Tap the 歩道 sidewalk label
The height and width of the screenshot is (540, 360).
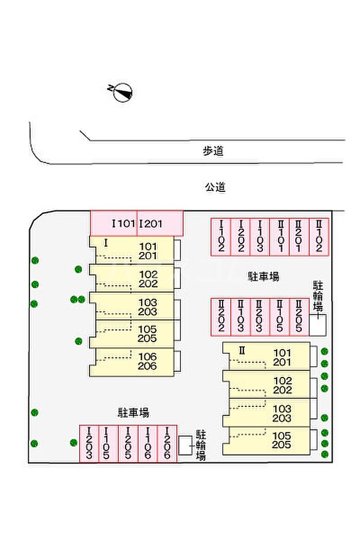point(213,151)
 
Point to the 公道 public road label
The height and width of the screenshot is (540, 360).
point(215,187)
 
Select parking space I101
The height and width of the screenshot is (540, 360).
point(114,224)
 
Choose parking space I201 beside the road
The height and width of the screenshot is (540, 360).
point(160,224)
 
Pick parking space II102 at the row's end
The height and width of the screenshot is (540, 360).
point(319,237)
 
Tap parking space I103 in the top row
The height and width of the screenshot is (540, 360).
point(260,237)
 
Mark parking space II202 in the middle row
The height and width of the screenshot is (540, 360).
point(221,316)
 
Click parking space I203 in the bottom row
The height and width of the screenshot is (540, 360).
point(89,443)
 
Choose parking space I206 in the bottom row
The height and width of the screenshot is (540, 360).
point(167,443)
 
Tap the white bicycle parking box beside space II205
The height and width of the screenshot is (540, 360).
point(317,326)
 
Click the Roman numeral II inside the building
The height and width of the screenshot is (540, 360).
point(241,351)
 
